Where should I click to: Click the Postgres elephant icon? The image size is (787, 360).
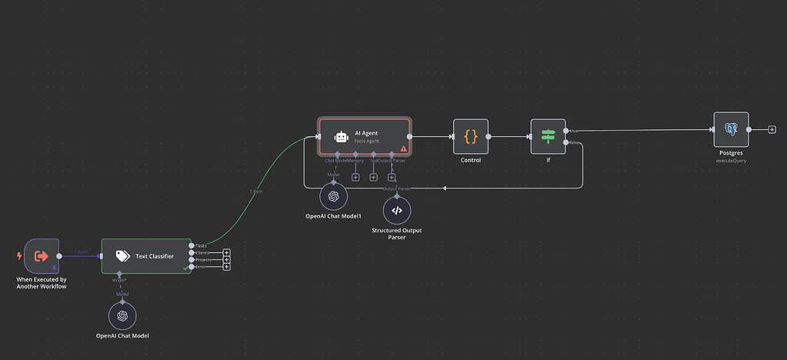pyautogui.click(x=731, y=129)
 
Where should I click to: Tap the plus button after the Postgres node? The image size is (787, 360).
pyautogui.click(x=772, y=129)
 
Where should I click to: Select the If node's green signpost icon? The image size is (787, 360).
pyautogui.click(x=548, y=136)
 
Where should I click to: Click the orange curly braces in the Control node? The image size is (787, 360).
pyautogui.click(x=471, y=136)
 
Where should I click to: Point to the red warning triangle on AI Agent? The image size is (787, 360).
pyautogui.click(x=403, y=148)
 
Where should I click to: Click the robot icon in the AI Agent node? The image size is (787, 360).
pyautogui.click(x=341, y=136)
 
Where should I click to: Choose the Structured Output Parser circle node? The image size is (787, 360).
pyautogui.click(x=397, y=209)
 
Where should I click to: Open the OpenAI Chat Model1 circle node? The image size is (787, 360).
pyautogui.click(x=333, y=196)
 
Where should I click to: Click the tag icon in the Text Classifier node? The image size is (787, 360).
pyautogui.click(x=122, y=255)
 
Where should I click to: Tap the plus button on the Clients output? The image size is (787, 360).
pyautogui.click(x=227, y=252)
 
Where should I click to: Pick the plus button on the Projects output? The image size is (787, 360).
pyautogui.click(x=227, y=260)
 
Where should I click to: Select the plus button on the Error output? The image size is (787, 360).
pyautogui.click(x=227, y=267)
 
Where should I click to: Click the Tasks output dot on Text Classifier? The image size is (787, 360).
pyautogui.click(x=192, y=245)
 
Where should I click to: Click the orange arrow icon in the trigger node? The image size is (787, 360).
pyautogui.click(x=42, y=255)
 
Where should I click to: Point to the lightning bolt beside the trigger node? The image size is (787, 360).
pyautogui.click(x=18, y=255)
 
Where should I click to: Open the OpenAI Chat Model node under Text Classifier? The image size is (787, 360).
pyautogui.click(x=121, y=315)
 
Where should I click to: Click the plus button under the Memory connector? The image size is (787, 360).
pyautogui.click(x=355, y=178)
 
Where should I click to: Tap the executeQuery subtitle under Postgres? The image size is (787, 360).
pyautogui.click(x=731, y=161)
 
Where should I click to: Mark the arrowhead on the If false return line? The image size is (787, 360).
pyautogui.click(x=446, y=188)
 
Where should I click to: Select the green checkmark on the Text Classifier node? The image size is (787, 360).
pyautogui.click(x=185, y=268)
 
